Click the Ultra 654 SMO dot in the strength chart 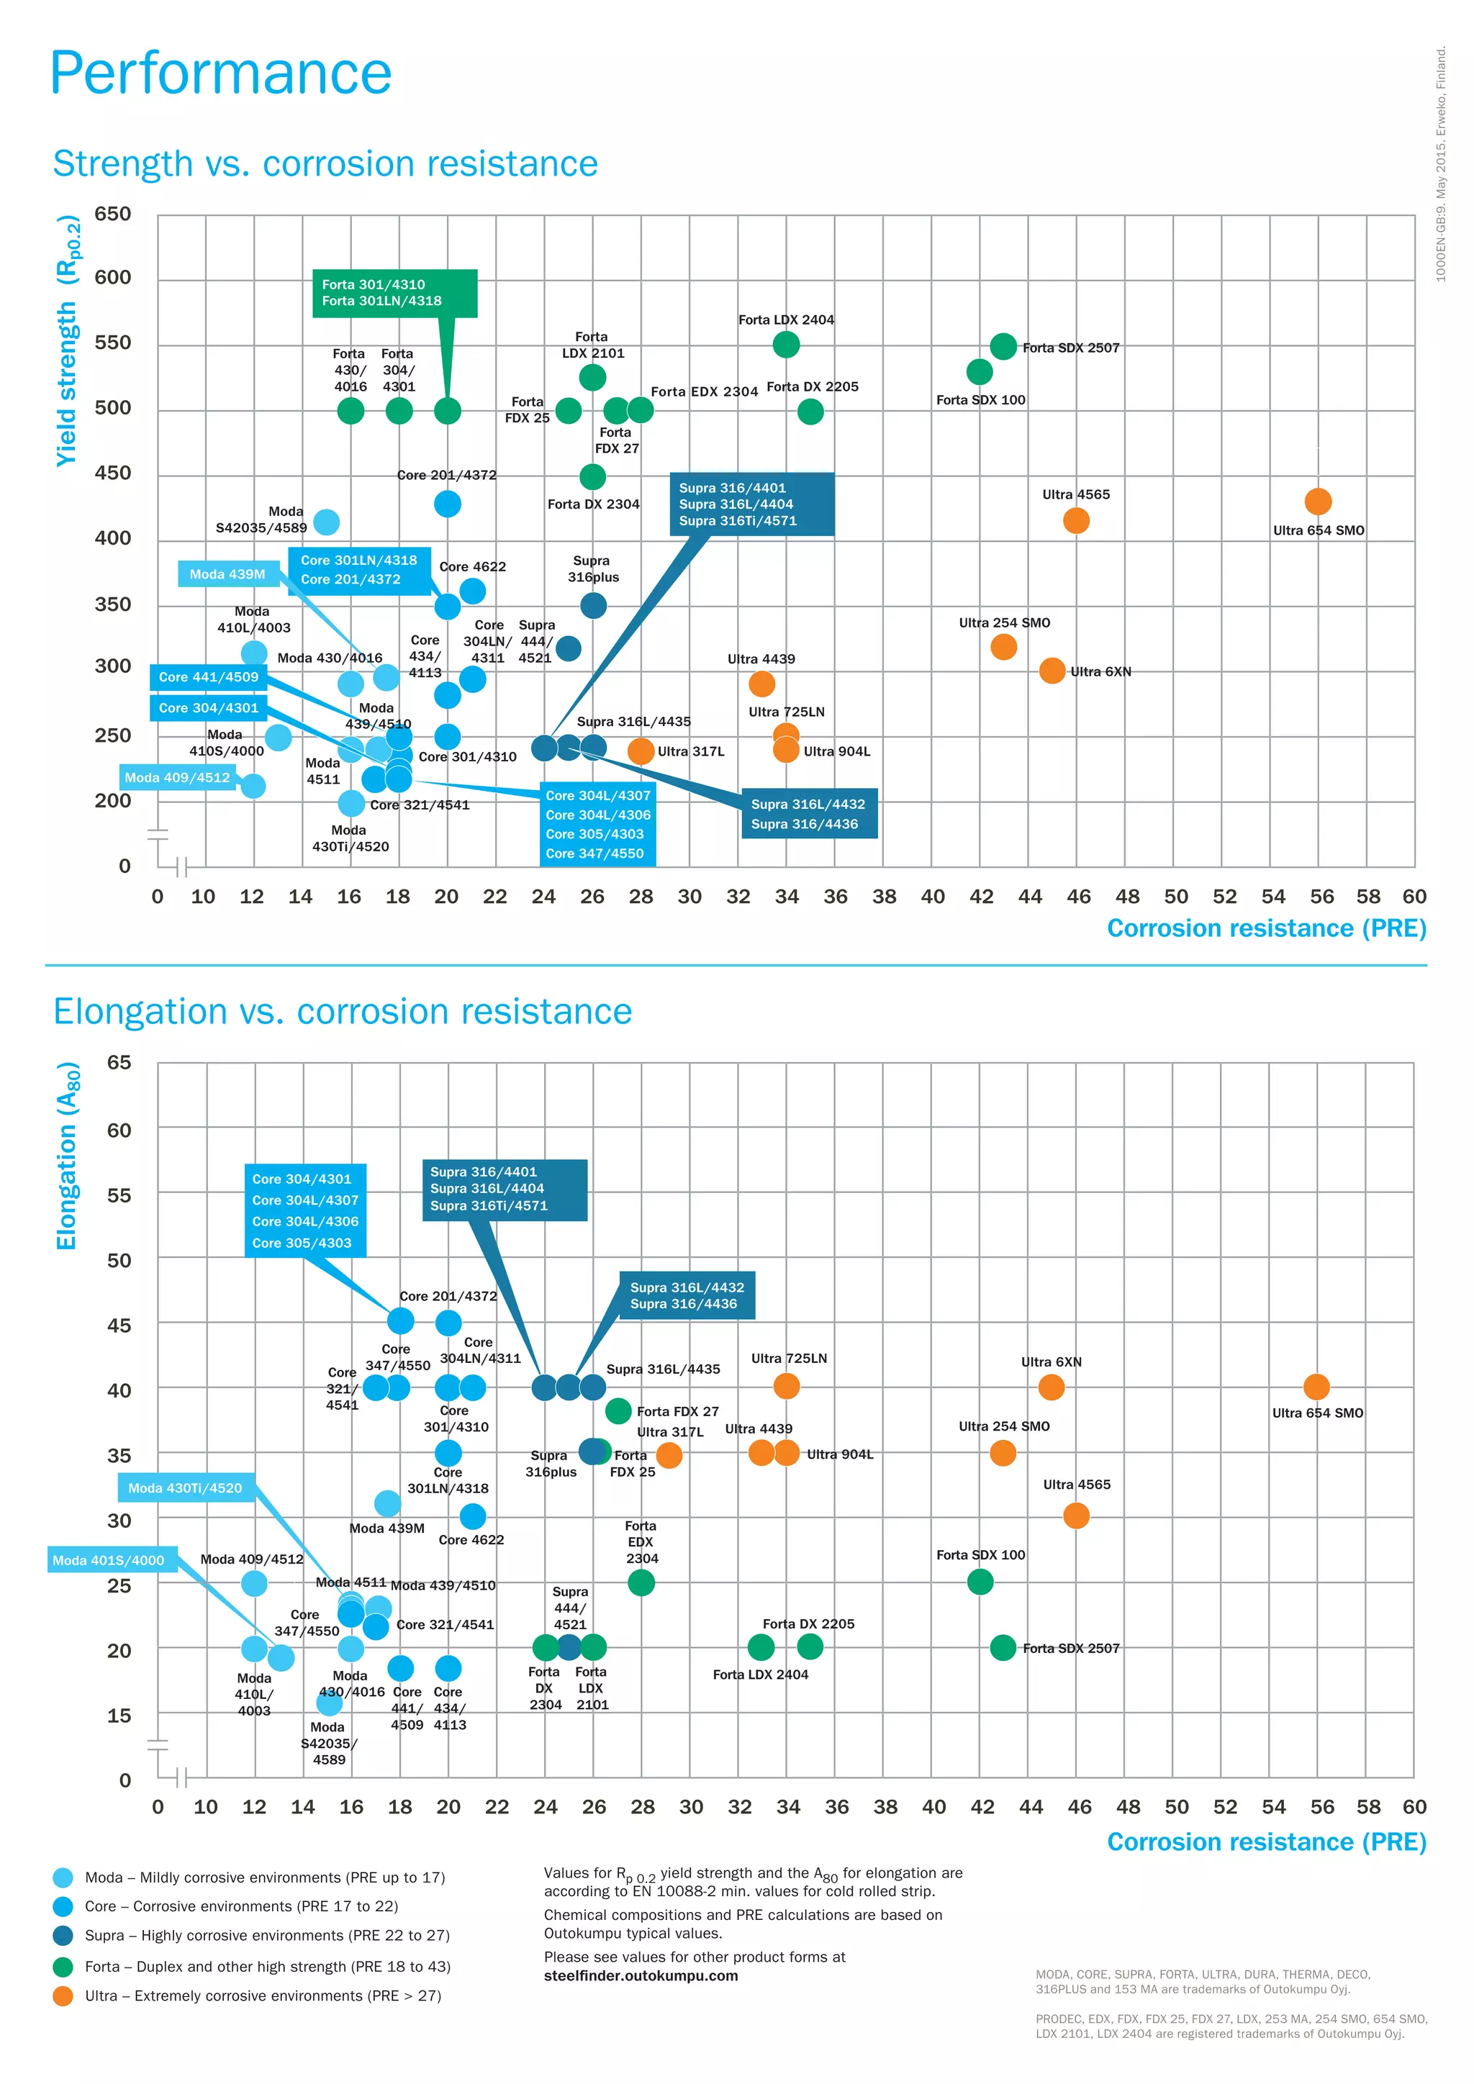coord(1317,501)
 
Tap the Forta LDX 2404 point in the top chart coord(786,345)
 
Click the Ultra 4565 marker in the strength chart coord(1075,520)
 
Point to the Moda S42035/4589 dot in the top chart coord(326,522)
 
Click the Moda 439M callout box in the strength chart coord(228,574)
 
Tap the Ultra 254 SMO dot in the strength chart coord(1003,646)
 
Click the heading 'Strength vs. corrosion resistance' coord(325,164)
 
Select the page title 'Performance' coord(220,73)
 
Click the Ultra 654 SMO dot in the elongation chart coord(1316,1387)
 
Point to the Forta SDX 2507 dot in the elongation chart coord(1003,1647)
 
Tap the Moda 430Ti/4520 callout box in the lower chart coord(185,1487)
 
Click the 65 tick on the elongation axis coord(119,1062)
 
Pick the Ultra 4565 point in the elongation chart coord(1075,1515)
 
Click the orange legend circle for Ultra coord(63,1996)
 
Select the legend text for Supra coord(267,1935)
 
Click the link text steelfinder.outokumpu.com coord(641,1976)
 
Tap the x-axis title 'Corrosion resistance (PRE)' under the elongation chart coord(1266,1841)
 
